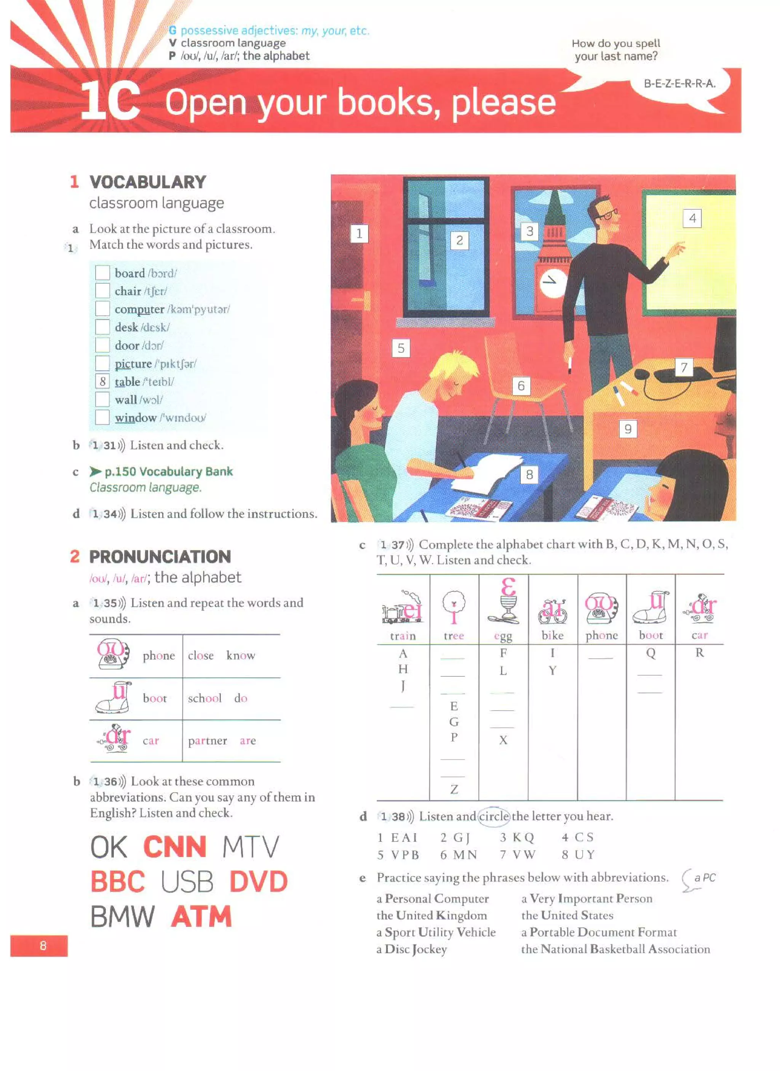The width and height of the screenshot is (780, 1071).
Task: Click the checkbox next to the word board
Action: click(x=102, y=273)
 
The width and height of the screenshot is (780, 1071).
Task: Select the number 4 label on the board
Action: click(x=692, y=218)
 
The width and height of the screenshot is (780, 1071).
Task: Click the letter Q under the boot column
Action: click(x=651, y=653)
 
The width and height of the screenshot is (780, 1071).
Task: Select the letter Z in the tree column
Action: click(x=454, y=789)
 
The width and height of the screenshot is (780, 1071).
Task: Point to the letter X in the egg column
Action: click(x=503, y=740)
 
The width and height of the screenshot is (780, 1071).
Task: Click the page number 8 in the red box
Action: click(x=43, y=945)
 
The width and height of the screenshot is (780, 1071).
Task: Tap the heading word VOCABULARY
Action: click(x=148, y=182)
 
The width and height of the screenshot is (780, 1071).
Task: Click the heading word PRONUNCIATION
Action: click(x=160, y=557)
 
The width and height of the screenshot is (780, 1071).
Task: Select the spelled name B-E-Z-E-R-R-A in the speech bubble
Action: click(x=679, y=84)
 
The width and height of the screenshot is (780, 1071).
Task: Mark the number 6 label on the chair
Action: click(x=521, y=386)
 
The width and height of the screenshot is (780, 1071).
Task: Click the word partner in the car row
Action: click(x=208, y=741)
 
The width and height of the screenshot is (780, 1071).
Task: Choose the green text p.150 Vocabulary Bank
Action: click(x=168, y=472)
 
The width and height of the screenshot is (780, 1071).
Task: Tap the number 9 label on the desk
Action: click(x=628, y=429)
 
